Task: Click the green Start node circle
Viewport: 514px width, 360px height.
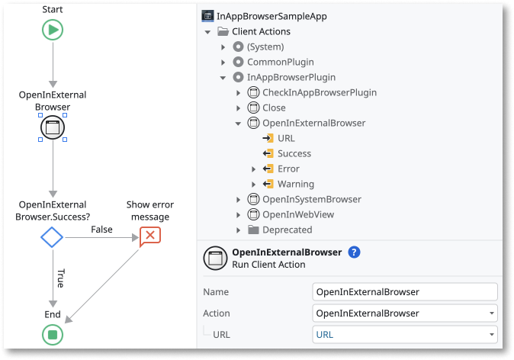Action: tap(53, 30)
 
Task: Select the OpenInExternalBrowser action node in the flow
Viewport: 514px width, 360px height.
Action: tap(53, 128)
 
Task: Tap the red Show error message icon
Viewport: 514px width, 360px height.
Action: tap(149, 236)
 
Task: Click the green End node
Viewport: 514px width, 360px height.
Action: tap(53, 334)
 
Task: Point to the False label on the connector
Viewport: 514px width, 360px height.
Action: tap(101, 230)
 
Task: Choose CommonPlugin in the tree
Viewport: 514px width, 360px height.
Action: tap(280, 62)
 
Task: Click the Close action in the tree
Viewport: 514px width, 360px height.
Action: tap(274, 108)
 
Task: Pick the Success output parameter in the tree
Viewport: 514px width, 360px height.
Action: tap(294, 153)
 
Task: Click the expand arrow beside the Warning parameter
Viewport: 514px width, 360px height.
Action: tap(254, 184)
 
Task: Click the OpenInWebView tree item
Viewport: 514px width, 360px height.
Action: tap(297, 214)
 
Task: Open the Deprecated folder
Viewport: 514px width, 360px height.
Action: tap(287, 230)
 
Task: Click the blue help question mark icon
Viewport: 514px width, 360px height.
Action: tap(354, 252)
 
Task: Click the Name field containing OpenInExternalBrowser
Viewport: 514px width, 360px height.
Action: tap(405, 291)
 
